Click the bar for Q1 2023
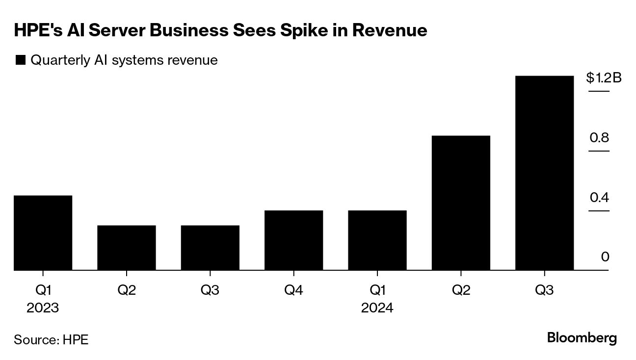43,232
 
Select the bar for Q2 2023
127,248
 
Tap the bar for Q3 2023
210,248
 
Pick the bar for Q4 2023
293,240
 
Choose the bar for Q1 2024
377,240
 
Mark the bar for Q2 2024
461,203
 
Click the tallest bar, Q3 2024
544,173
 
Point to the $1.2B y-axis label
604,77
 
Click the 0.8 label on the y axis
599,137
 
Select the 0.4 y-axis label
599,198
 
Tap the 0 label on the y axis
605,257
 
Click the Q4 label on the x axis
293,290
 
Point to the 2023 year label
43,308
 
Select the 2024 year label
377,308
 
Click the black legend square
21,60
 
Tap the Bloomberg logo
582,338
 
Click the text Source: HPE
51,339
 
